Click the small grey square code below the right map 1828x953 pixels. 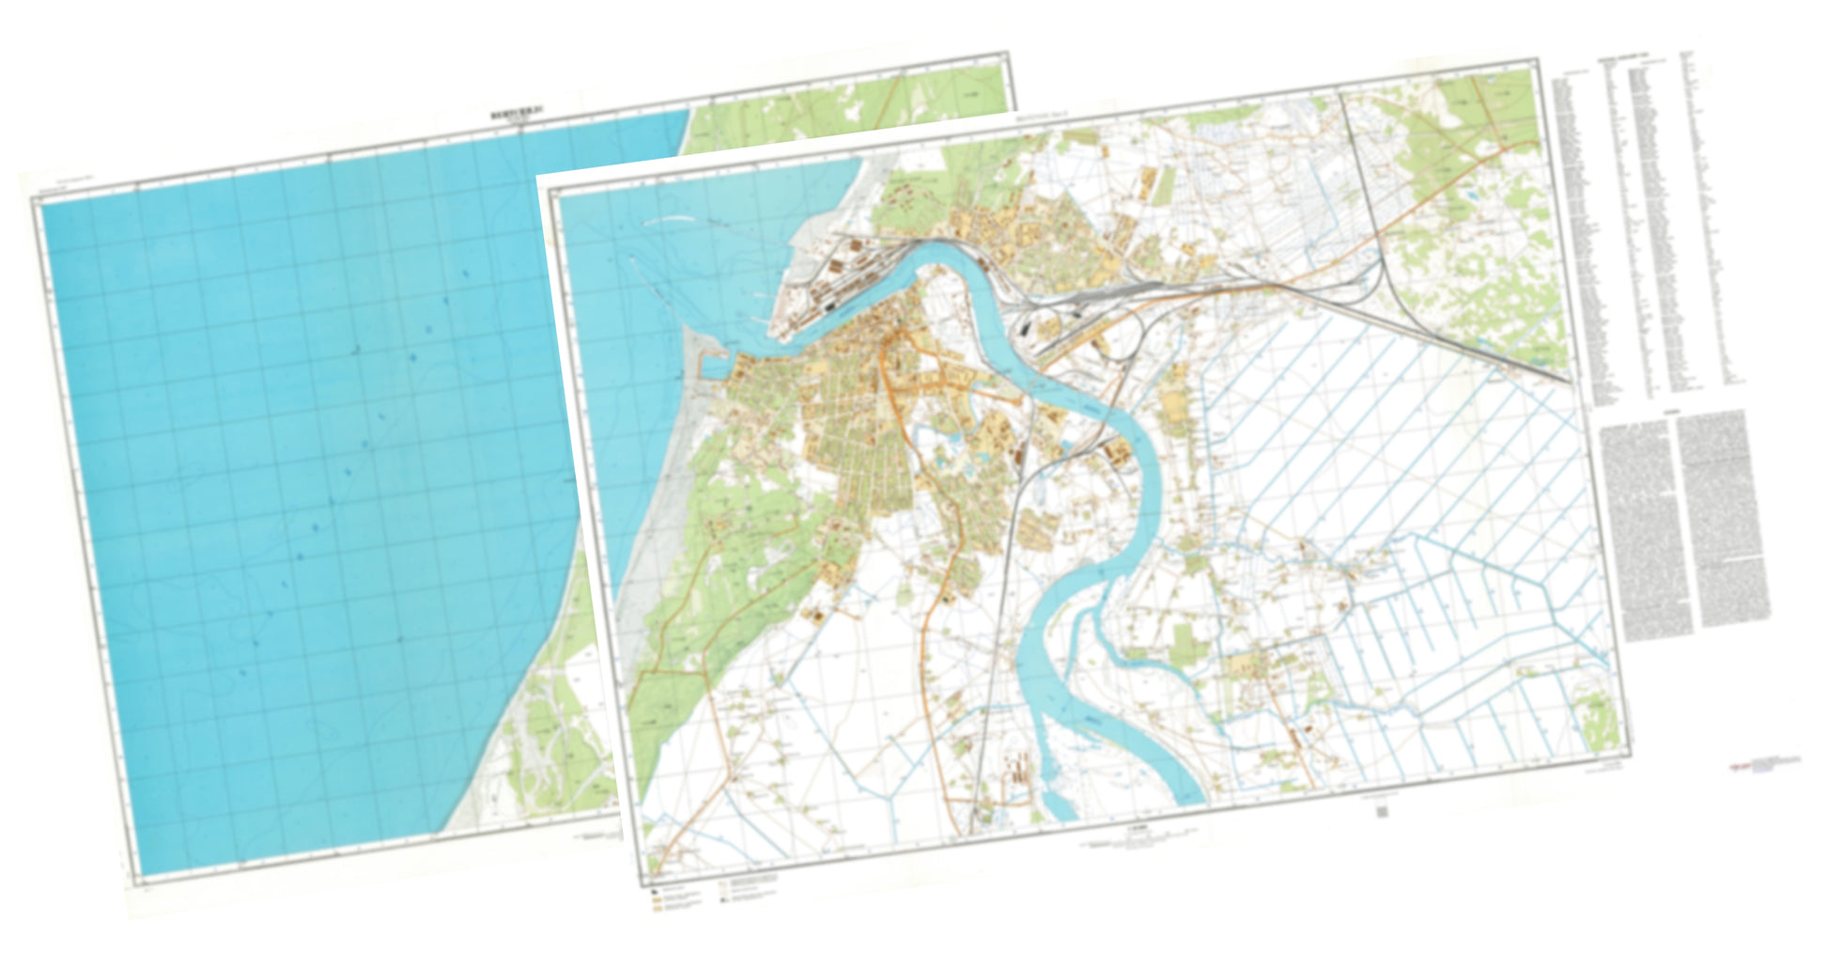tap(1382, 811)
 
